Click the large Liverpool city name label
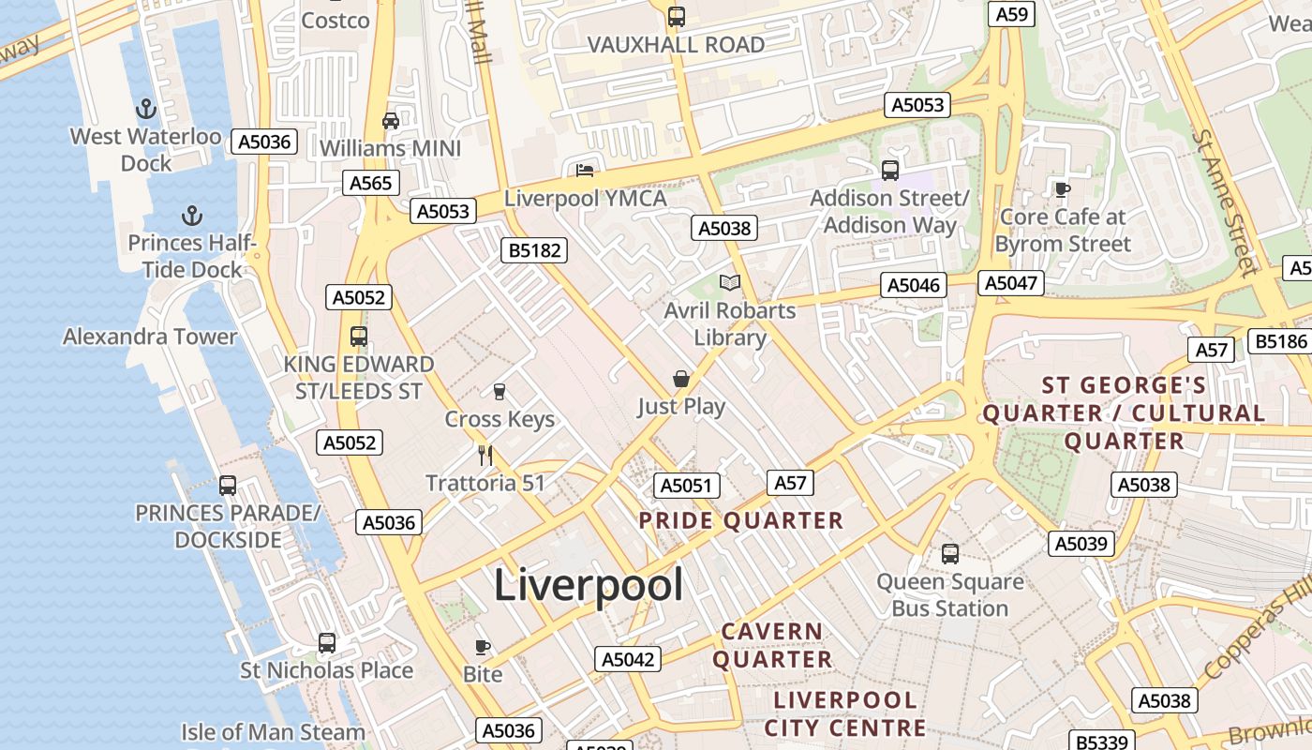[588, 585]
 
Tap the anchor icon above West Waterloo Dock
[145, 109]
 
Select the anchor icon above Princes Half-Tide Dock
[191, 216]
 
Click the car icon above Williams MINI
[391, 120]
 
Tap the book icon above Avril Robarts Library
[729, 282]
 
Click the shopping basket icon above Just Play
[681, 379]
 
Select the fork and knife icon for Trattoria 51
[485, 456]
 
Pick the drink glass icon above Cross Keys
[499, 391]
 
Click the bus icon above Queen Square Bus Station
[949, 553]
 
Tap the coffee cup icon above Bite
[482, 647]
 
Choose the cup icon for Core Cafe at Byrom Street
[1062, 188]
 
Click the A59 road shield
[1012, 14]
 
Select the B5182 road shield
[533, 250]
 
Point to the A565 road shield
[371, 183]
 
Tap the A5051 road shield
[686, 486]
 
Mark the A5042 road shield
[627, 659]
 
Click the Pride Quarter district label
[740, 521]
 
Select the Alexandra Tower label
[150, 337]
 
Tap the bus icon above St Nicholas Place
[326, 643]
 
